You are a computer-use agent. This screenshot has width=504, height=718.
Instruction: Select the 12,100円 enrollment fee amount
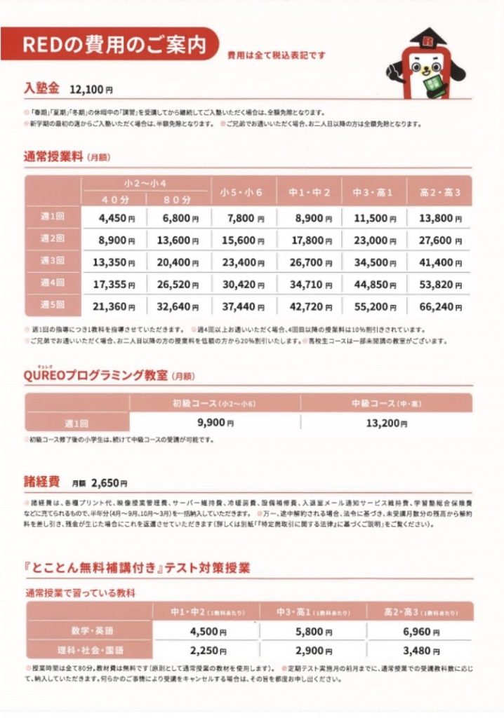pos(91,90)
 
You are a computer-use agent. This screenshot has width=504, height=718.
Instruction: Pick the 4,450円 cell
pos(115,218)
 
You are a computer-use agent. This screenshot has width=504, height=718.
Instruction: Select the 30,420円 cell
pos(244,285)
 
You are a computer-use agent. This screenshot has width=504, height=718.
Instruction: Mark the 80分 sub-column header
pos(180,200)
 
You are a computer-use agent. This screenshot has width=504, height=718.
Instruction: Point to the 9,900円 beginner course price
pos(215,422)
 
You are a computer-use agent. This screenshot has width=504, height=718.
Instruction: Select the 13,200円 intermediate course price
pos(386,422)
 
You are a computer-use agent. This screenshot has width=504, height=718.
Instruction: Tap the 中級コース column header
pos(386,403)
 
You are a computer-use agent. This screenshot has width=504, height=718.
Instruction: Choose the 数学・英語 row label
pos(90,631)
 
